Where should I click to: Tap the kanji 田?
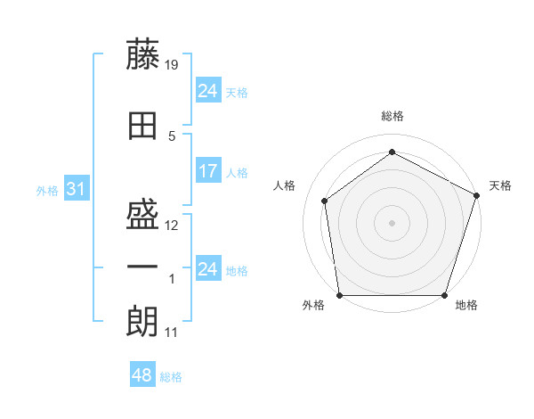pyautogui.click(x=142, y=125)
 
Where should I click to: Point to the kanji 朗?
pyautogui.click(x=142, y=320)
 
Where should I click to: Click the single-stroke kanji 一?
pyautogui.click(x=142, y=267)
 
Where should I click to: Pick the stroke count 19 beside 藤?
pyautogui.click(x=172, y=65)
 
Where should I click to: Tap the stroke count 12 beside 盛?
pyautogui.click(x=172, y=226)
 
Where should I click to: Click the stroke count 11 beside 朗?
pyautogui.click(x=172, y=333)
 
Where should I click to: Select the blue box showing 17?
pyautogui.click(x=207, y=171)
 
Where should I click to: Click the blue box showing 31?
pyautogui.click(x=76, y=189)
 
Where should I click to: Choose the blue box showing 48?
pyautogui.click(x=142, y=375)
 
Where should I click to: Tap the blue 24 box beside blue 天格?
pyautogui.click(x=207, y=91)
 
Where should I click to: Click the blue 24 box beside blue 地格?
pyautogui.click(x=207, y=269)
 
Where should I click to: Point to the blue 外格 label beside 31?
pyautogui.click(x=47, y=190)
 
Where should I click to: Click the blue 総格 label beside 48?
pyautogui.click(x=171, y=377)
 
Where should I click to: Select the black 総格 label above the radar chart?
pyautogui.click(x=392, y=117)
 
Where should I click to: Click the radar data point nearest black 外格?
pyautogui.click(x=339, y=295)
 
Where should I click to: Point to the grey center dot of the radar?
pyautogui.click(x=392, y=223)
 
